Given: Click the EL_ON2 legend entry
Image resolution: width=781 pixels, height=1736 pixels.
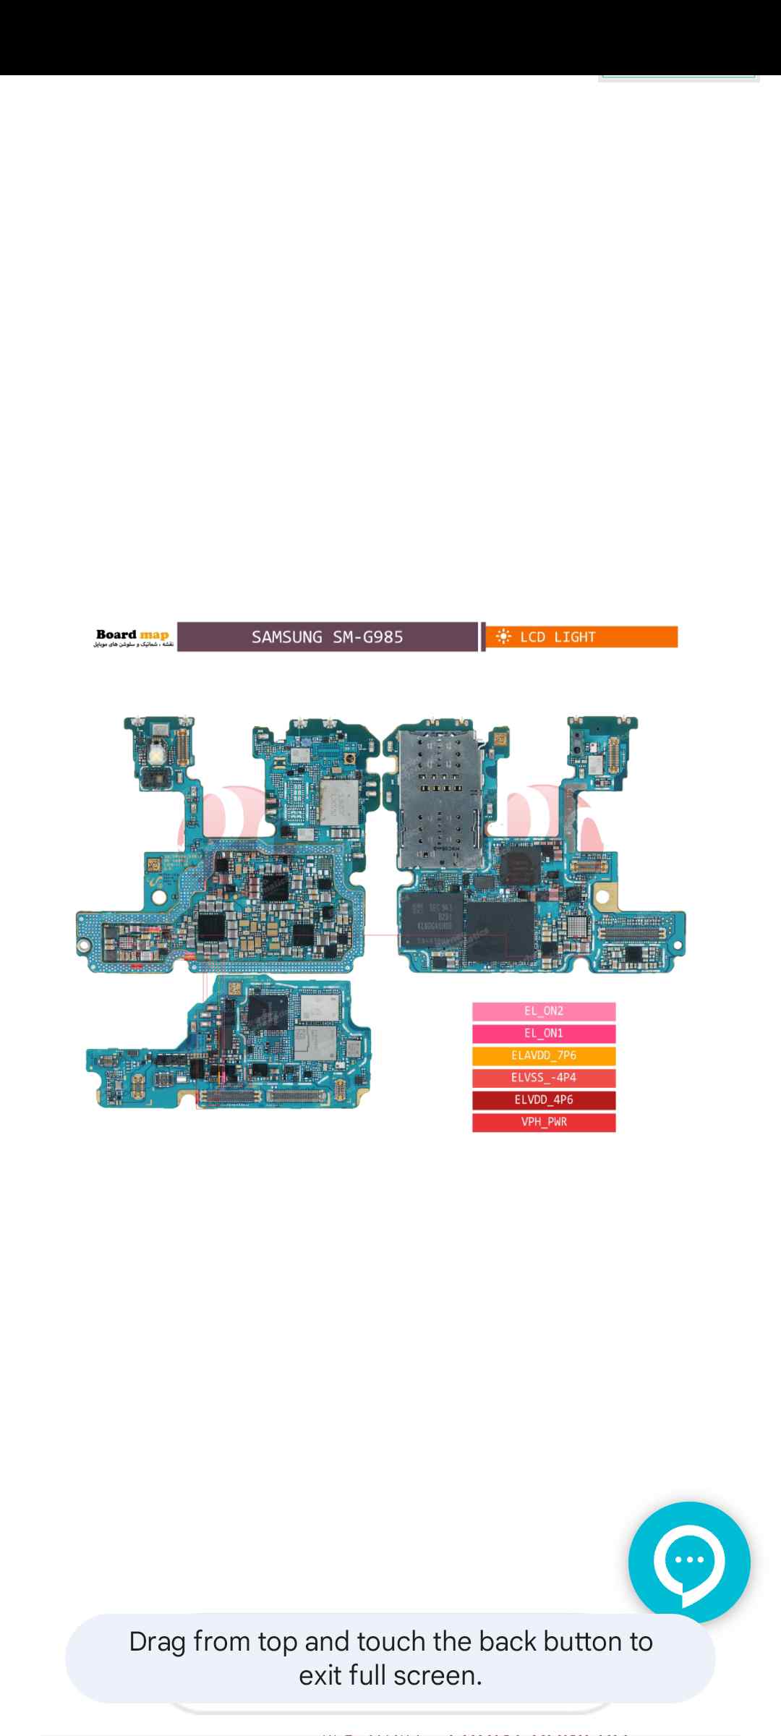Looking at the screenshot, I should tap(544, 1011).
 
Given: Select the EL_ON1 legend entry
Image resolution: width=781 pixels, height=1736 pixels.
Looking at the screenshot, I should tap(544, 1034).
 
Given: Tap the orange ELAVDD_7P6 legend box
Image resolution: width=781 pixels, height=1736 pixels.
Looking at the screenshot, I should tap(544, 1056).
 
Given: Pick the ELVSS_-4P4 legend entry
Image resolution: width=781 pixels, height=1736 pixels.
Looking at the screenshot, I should tap(544, 1078).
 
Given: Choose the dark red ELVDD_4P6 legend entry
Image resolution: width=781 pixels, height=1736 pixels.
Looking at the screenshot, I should tap(544, 1100).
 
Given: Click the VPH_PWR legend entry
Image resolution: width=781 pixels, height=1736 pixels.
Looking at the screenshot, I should tap(544, 1123).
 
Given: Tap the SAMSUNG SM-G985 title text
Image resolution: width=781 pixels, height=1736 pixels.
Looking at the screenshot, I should tap(327, 637).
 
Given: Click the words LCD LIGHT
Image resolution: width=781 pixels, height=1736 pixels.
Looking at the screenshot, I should tap(558, 637).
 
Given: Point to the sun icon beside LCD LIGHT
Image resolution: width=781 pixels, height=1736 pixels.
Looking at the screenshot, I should tap(504, 637).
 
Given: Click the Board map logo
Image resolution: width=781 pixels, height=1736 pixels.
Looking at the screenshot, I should tap(133, 637).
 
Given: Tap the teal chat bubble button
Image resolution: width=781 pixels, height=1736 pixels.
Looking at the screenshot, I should tap(688, 1562).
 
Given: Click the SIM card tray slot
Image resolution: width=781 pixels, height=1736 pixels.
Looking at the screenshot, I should tap(438, 796).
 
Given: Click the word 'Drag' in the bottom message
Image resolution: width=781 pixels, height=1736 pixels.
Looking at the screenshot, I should tap(157, 1642).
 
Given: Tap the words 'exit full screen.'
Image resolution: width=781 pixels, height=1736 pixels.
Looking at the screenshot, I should tap(390, 1675).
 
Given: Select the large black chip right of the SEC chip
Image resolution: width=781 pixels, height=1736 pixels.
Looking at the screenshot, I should tap(500, 929).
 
